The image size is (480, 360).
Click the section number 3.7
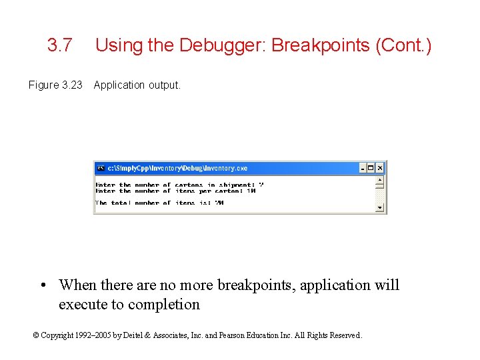tap(60, 45)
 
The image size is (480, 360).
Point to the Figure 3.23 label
tap(55, 85)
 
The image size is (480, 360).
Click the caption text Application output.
tap(137, 85)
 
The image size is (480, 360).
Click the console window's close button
tap(380, 168)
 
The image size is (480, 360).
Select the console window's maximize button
tap(371, 168)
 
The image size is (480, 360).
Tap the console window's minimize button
tap(363, 168)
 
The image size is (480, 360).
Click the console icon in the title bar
tap(101, 168)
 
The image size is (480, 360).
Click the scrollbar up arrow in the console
tap(380, 179)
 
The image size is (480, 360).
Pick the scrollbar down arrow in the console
tap(380, 207)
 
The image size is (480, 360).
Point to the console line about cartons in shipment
tap(180, 185)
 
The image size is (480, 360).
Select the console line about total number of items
tap(159, 203)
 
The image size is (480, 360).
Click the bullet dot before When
tap(42, 285)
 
